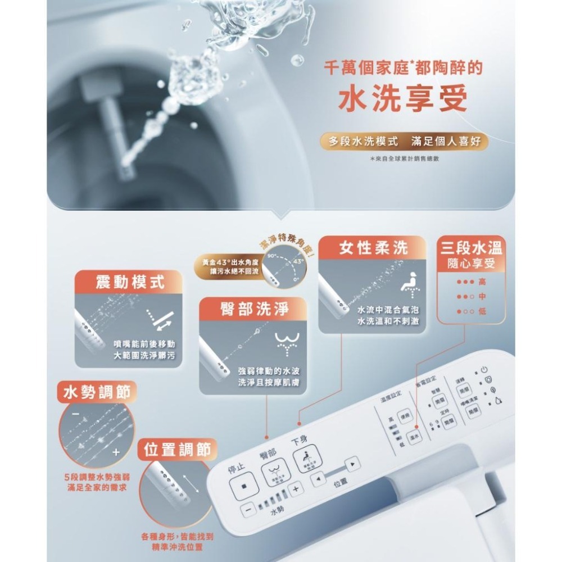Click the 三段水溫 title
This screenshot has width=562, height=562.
click(472, 248)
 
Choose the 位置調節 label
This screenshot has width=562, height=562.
click(177, 450)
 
